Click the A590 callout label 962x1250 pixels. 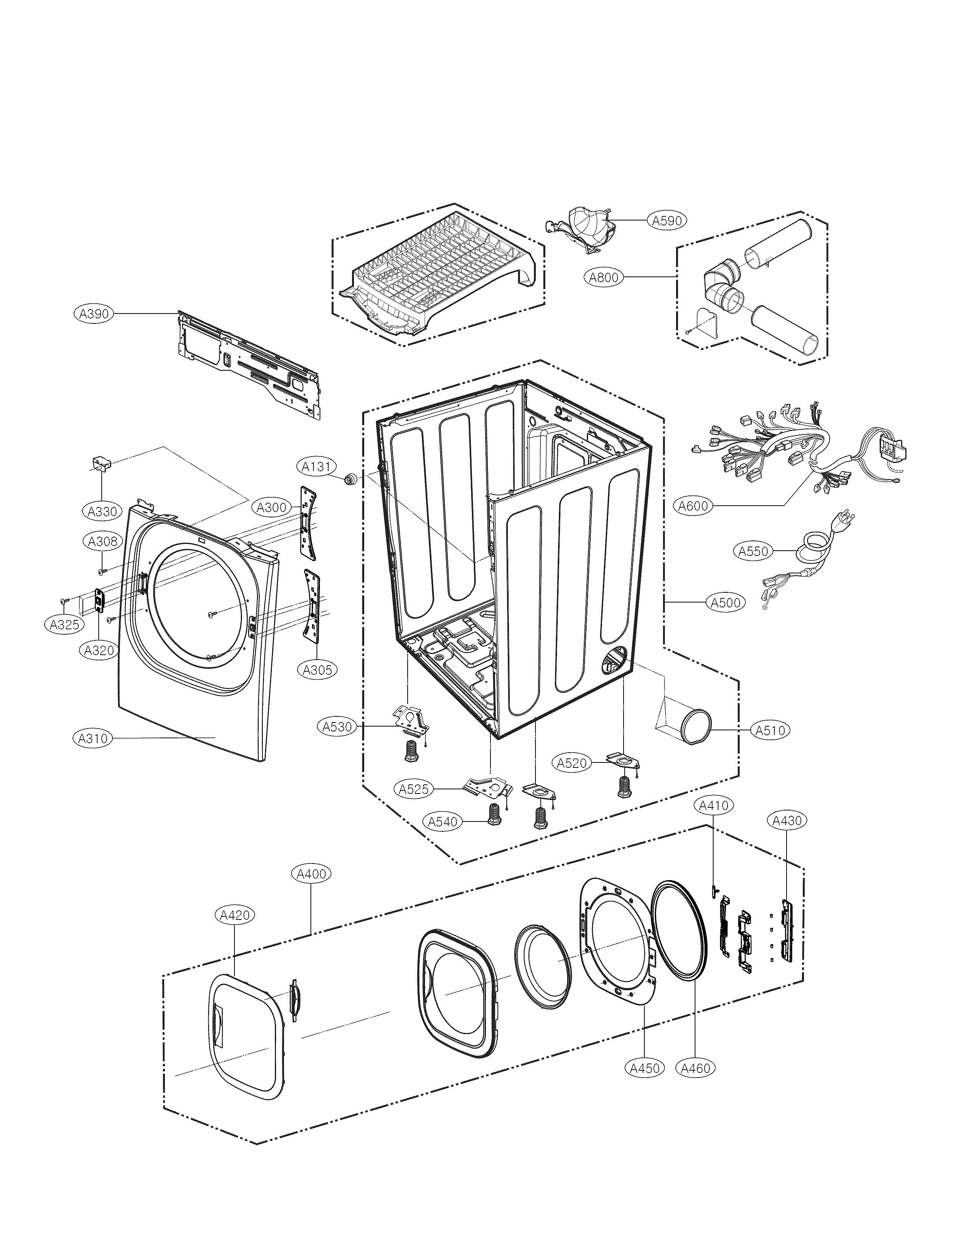[667, 220]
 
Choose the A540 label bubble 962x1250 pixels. [443, 822]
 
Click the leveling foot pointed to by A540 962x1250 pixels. [492, 814]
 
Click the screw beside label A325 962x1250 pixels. [64, 600]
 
